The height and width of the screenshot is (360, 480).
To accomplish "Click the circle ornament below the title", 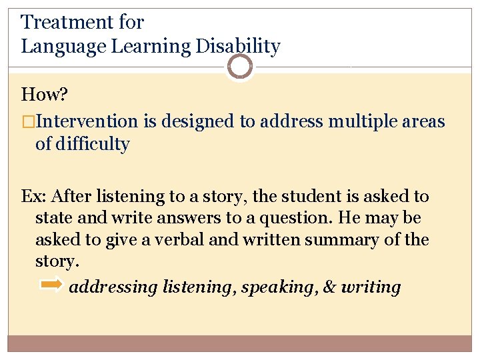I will tap(239, 67).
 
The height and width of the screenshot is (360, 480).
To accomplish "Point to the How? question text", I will tap(45, 95).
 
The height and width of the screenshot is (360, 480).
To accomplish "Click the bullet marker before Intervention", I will tap(26, 121).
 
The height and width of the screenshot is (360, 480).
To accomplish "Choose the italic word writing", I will tap(371, 287).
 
